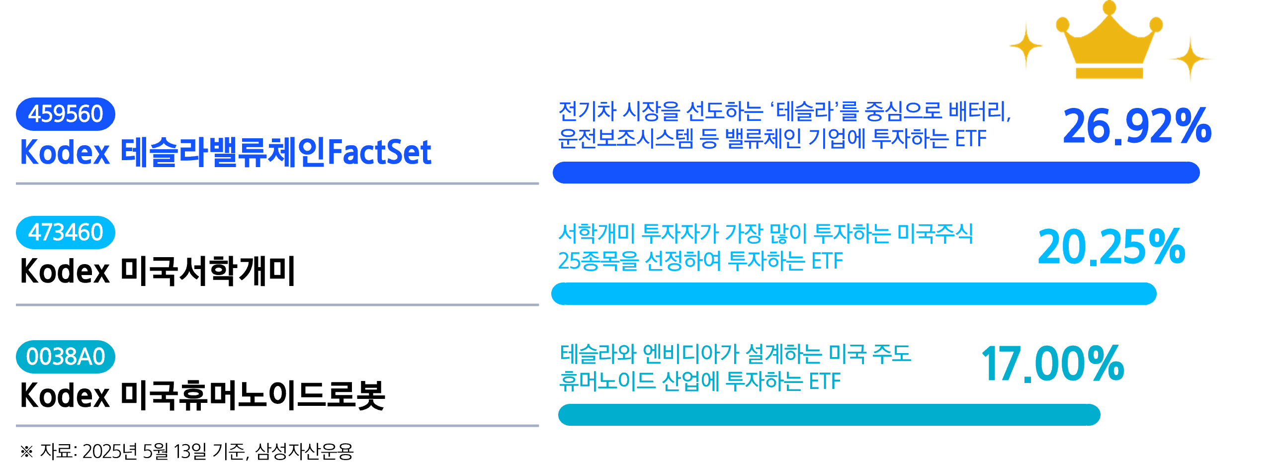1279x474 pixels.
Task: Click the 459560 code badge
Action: tap(66, 114)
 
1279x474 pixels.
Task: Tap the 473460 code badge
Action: tap(66, 232)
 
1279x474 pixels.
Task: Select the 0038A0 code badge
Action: tap(66, 357)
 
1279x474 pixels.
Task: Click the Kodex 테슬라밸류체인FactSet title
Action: tap(226, 152)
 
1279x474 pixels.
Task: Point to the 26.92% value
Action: tap(1137, 126)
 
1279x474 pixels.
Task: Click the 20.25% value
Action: tap(1111, 247)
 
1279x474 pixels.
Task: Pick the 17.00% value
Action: tap(1053, 364)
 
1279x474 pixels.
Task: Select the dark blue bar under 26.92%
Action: tap(876, 173)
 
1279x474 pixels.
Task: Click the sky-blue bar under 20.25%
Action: tap(853, 293)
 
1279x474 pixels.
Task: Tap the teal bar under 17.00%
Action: tap(829, 415)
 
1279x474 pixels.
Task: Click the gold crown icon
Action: tap(1109, 42)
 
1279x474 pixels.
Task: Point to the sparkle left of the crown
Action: tap(1026, 46)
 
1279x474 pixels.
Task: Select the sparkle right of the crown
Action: tap(1190, 59)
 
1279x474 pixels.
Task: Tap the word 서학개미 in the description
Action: tap(597, 233)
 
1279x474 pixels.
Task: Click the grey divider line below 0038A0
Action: tap(277, 426)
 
